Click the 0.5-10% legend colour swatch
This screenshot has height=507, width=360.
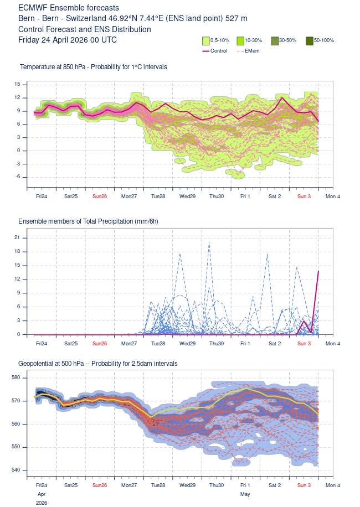(x=206, y=41)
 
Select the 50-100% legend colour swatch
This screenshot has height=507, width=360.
(x=310, y=41)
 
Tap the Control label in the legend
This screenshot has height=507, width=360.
(x=219, y=51)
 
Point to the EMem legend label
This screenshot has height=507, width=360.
(x=252, y=51)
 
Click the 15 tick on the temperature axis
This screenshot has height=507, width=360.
(x=17, y=84)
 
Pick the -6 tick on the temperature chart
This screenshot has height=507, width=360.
(x=17, y=177)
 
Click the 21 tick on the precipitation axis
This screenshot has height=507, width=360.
(x=17, y=237)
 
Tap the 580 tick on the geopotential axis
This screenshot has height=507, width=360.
(x=16, y=377)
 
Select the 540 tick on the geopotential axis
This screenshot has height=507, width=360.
(x=16, y=470)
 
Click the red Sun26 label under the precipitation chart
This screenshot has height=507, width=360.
(x=100, y=343)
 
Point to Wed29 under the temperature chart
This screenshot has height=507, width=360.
(x=187, y=196)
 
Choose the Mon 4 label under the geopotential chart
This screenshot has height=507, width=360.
(x=332, y=485)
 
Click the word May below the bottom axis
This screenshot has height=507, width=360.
(x=245, y=494)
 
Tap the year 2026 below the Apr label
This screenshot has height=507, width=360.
(x=42, y=503)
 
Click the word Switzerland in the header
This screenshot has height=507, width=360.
(x=86, y=18)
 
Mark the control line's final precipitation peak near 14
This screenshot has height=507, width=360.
(x=318, y=271)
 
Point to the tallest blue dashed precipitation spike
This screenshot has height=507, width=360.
(x=209, y=242)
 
